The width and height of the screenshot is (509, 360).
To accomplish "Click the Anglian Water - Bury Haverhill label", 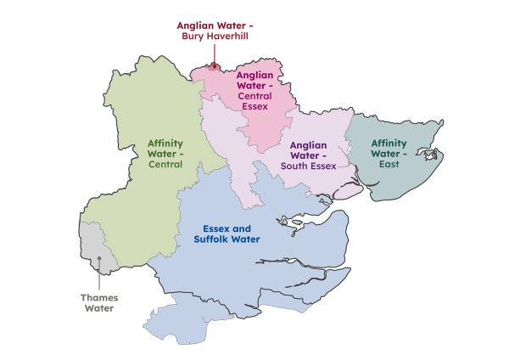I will tap(215, 31).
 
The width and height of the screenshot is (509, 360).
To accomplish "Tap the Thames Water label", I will tap(100, 303).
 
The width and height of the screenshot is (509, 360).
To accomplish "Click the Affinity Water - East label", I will tap(389, 154).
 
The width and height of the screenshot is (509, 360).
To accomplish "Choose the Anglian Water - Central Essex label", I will tap(255, 91).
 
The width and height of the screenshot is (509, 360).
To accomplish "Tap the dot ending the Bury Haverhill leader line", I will tap(215, 65).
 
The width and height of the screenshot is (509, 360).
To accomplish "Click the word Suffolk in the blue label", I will tap(213, 240).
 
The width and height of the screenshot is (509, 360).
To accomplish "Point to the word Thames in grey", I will tap(100, 298).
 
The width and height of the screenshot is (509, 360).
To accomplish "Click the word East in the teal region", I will tap(389, 166).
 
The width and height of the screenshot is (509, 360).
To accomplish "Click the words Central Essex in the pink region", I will tap(255, 101).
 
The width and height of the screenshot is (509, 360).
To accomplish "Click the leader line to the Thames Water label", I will tap(100, 275).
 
